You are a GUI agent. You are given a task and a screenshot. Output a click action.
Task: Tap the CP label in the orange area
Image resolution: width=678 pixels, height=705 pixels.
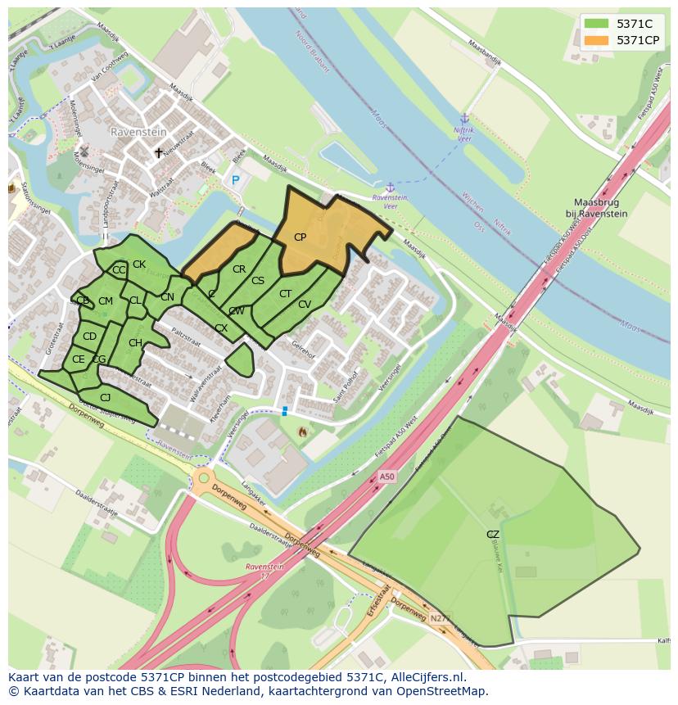click(x=300, y=237)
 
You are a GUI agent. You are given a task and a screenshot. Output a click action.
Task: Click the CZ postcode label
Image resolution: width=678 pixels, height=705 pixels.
click(x=492, y=535)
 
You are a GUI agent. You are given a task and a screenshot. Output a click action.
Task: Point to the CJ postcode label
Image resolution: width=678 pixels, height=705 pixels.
click(x=105, y=398)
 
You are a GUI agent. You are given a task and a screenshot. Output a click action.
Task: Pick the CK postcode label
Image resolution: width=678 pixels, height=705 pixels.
click(x=139, y=264)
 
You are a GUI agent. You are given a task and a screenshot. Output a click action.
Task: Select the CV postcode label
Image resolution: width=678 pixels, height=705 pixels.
click(x=305, y=305)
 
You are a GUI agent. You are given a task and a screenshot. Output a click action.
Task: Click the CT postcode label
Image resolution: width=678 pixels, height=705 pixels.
click(x=285, y=294)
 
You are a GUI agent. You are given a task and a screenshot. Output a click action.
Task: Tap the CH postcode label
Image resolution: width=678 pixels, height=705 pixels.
click(x=135, y=343)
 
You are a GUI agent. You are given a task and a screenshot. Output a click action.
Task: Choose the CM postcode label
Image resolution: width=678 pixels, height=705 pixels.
click(x=106, y=301)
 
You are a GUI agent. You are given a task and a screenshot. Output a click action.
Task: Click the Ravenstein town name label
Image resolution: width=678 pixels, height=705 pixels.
click(x=138, y=131)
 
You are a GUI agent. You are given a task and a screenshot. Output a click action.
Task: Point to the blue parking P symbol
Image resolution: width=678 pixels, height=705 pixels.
click(x=236, y=180)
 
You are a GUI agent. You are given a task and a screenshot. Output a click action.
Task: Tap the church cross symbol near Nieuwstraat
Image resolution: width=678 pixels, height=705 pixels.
click(x=159, y=153)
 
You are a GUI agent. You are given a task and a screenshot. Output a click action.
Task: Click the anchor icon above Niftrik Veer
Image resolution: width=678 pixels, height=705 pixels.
click(x=464, y=119)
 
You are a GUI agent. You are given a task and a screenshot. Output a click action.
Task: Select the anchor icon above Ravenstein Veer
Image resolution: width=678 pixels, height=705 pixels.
click(x=390, y=188)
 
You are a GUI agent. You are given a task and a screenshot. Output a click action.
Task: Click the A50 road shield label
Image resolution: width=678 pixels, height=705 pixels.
click(x=386, y=477)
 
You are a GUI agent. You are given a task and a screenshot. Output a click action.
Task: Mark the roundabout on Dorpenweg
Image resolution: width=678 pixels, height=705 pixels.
click(x=202, y=478)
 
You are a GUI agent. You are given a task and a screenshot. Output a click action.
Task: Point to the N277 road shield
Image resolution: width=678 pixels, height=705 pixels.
click(x=440, y=619)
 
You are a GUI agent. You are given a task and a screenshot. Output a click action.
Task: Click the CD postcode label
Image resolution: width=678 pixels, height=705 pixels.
click(x=89, y=337)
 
